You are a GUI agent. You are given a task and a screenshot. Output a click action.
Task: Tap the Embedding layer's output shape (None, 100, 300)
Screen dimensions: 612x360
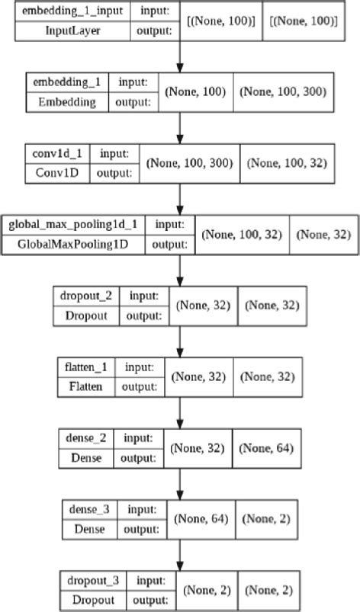(x=284, y=91)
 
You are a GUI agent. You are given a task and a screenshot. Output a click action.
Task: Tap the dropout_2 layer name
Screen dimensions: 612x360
(x=82, y=294)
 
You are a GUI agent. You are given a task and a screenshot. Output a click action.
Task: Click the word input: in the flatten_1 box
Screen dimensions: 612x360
(x=142, y=367)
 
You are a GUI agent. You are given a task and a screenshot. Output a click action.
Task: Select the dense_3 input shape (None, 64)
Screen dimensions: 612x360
(x=201, y=518)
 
